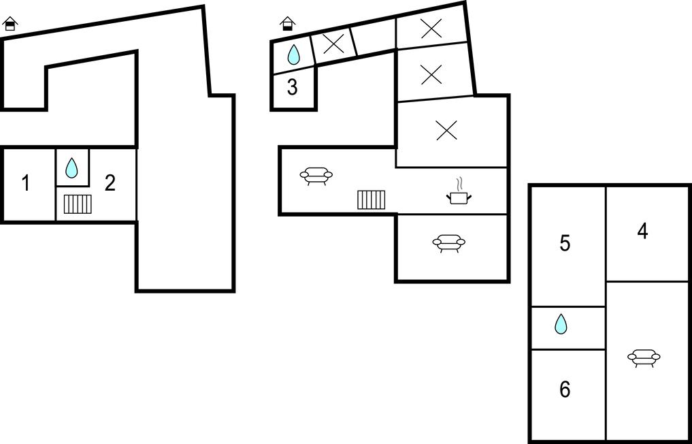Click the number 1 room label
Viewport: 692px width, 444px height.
pos(26,183)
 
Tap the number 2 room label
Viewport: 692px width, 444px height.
pos(110,183)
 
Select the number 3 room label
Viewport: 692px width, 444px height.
pos(292,88)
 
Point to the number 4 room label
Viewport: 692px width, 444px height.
pos(642,232)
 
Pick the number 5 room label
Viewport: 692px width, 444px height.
pos(565,244)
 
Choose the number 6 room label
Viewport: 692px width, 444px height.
pos(565,390)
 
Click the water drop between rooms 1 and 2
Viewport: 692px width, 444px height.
pos(71,168)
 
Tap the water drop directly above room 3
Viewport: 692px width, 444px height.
pos(293,54)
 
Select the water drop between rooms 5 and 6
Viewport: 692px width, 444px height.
pos(561,324)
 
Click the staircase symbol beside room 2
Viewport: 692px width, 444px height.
pos(78,204)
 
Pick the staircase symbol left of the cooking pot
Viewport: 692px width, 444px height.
pos(372,200)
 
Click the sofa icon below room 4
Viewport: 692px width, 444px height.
pos(644,358)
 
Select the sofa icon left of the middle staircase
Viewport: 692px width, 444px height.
pos(316,176)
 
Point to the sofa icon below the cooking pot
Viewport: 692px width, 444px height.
pos(448,242)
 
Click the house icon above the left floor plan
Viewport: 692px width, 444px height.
pos(10,25)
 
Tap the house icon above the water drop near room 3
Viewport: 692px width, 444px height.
pos(288,24)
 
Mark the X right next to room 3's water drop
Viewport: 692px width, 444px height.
pos(333,44)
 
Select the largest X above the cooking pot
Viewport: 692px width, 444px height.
pos(446,131)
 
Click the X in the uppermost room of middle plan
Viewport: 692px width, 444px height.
pos(431,28)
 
